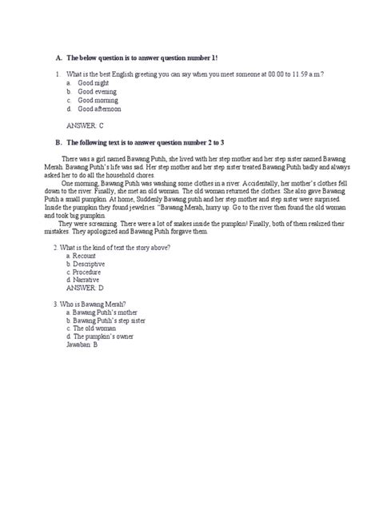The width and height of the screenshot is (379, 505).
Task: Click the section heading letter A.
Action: [x=58, y=58]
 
